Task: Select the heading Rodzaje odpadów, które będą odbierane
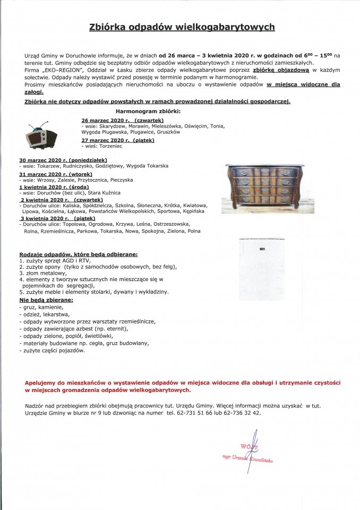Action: click(78, 255)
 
